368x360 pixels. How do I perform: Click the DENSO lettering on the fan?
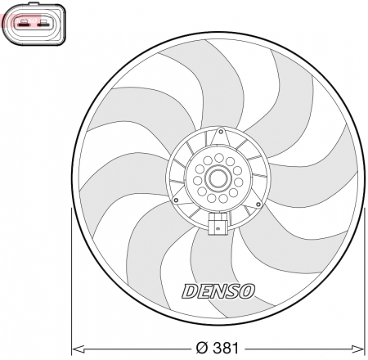pyautogui.click(x=218, y=290)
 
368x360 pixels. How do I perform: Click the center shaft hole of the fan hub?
pyautogui.click(x=218, y=178)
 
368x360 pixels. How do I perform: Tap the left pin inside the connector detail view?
pyautogui.click(x=24, y=24)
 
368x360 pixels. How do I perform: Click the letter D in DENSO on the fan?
pyautogui.click(x=187, y=290)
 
